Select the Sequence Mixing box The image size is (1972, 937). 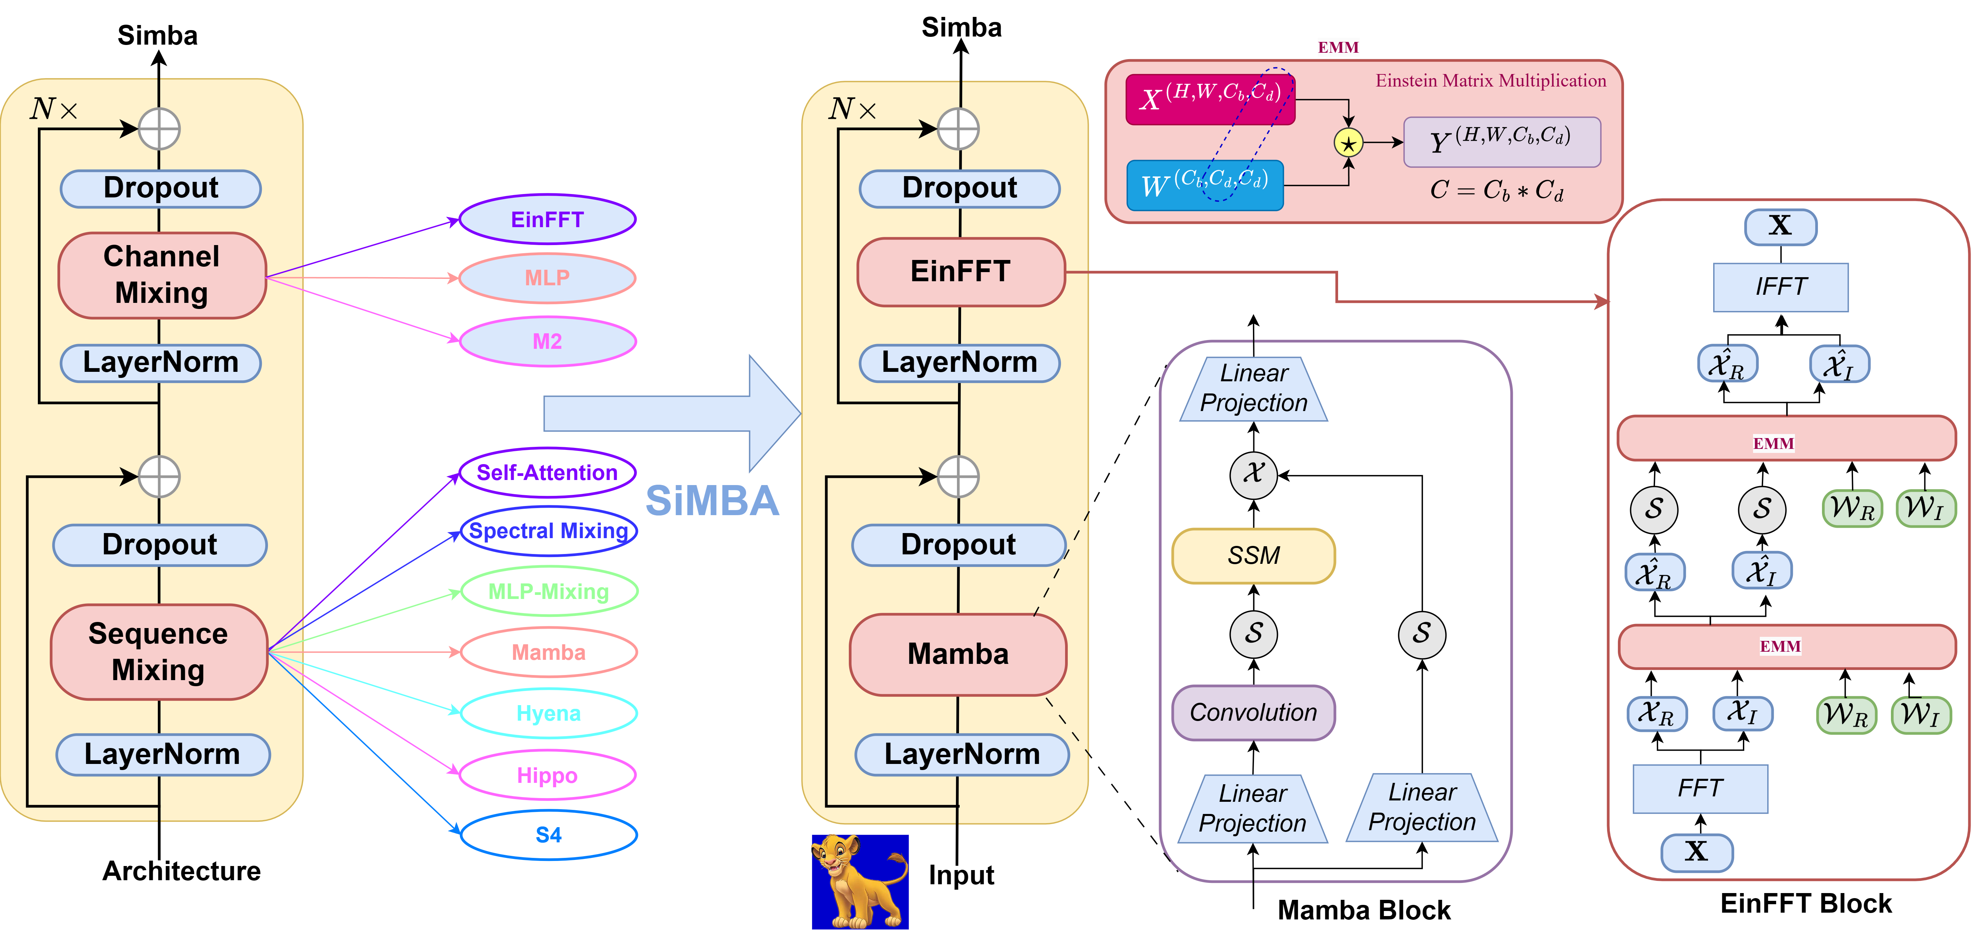[158, 651]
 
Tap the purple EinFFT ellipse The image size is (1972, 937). [547, 220]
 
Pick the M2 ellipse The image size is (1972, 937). [547, 341]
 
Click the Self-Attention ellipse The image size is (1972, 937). [547, 472]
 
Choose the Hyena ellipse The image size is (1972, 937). [548, 714]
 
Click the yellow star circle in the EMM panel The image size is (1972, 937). [1348, 143]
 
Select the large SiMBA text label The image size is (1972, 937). [712, 501]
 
